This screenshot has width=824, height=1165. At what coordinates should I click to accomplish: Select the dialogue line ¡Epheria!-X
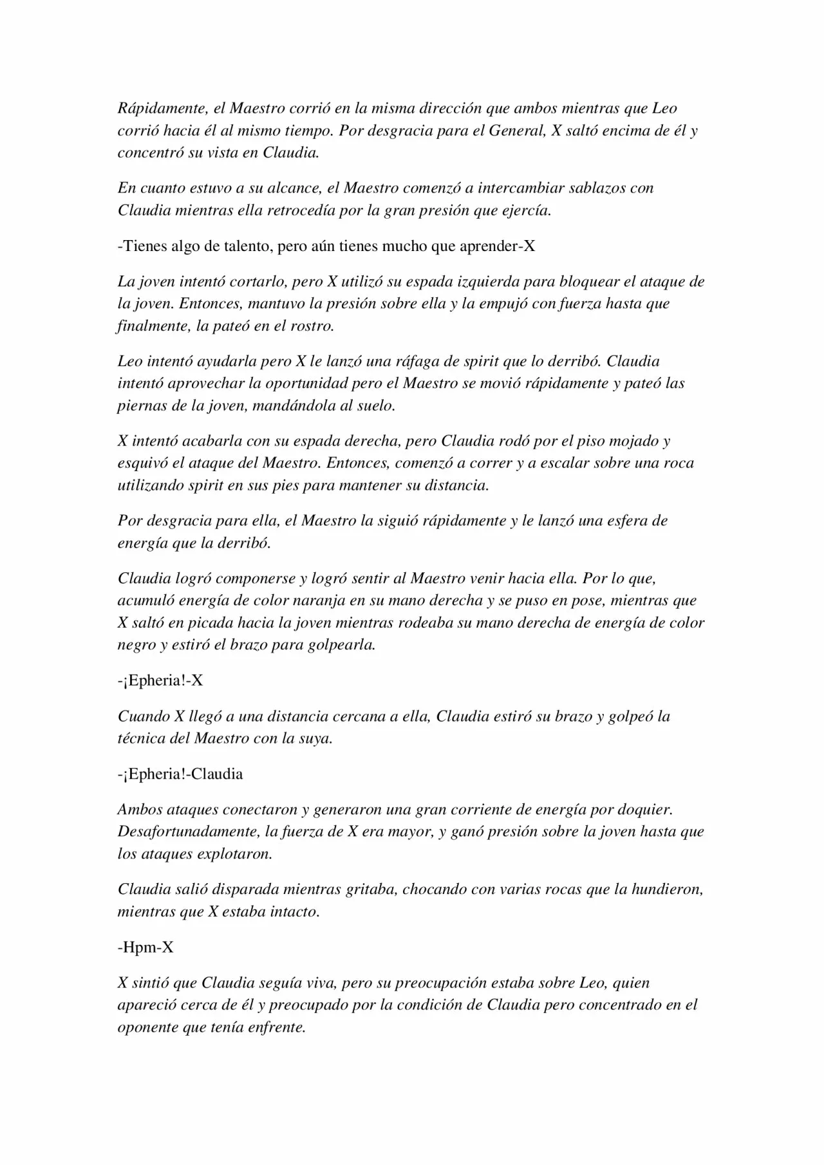pyautogui.click(x=160, y=680)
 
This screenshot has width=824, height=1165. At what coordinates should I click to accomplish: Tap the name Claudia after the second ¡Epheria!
pyautogui.click(x=218, y=774)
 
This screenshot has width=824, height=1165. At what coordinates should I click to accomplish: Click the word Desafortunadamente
pyautogui.click(x=189, y=832)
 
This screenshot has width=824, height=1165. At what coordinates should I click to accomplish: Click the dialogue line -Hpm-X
pyautogui.click(x=145, y=947)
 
